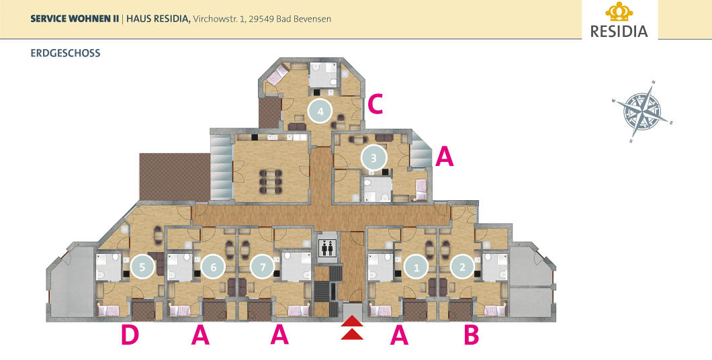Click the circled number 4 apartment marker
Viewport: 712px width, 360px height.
(320, 111)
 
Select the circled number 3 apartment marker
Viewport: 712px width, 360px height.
(374, 159)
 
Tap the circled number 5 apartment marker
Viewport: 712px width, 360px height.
(142, 267)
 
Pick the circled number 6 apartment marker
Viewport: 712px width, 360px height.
(214, 267)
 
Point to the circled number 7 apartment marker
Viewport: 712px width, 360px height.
(263, 267)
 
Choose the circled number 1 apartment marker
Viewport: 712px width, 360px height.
(416, 267)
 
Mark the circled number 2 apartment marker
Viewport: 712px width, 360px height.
(462, 267)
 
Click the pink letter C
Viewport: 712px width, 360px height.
(375, 105)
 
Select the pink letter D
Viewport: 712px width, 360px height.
(130, 336)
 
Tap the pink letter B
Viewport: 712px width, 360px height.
(472, 336)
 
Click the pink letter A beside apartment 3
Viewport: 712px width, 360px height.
(445, 157)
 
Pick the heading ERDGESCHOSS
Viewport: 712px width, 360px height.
(65, 52)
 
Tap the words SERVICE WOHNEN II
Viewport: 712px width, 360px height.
(75, 19)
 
